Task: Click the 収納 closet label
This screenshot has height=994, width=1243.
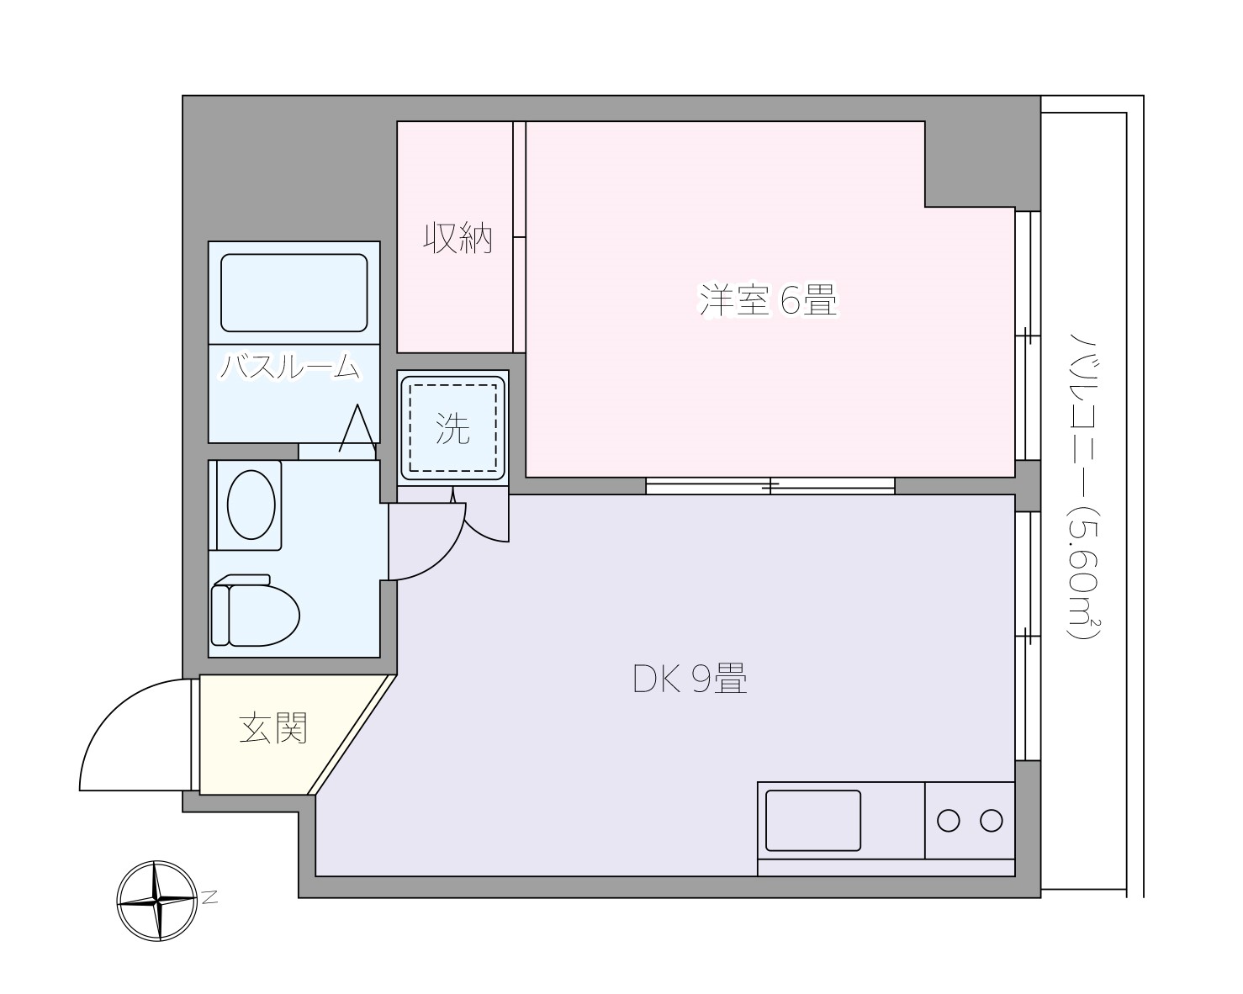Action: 457,240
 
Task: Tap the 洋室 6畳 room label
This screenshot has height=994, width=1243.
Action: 768,300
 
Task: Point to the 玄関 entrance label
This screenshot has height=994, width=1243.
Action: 273,727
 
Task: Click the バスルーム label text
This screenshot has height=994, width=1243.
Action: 290,367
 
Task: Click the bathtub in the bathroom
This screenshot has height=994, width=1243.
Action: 294,293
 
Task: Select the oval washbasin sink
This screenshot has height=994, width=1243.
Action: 251,505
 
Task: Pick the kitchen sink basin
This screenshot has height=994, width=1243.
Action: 812,820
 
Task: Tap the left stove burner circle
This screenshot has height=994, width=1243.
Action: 948,820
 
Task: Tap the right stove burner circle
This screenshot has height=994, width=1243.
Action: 992,820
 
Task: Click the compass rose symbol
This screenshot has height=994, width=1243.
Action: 157,900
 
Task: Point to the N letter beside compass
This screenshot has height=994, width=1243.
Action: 209,897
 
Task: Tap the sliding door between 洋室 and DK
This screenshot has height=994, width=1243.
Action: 770,485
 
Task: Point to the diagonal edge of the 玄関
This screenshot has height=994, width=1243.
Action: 352,734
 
